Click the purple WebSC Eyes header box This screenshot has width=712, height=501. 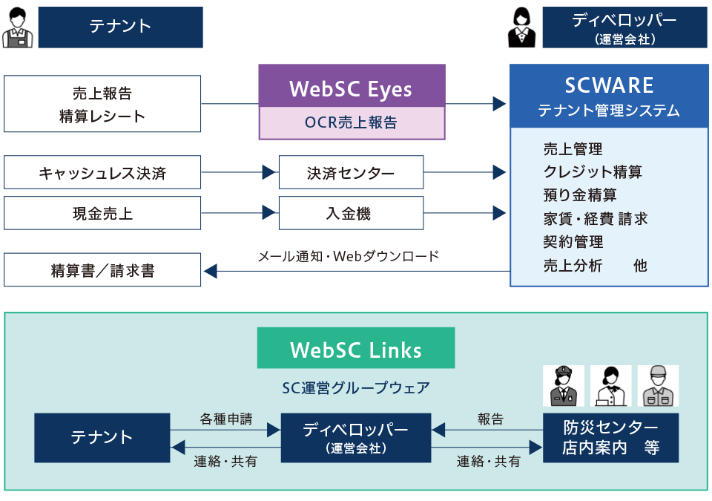click(352, 86)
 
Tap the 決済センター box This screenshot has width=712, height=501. click(351, 173)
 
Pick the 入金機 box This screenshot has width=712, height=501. click(351, 214)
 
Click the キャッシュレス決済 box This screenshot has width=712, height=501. click(102, 173)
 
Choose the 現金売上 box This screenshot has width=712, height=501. click(102, 214)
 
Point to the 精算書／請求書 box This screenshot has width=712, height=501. click(102, 270)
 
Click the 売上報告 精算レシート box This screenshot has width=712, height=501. click(102, 104)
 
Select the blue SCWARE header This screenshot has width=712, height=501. click(608, 96)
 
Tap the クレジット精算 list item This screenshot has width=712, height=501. click(593, 172)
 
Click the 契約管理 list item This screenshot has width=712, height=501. click(573, 242)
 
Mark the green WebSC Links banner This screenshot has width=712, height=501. click(356, 350)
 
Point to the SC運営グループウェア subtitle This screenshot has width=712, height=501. click(356, 387)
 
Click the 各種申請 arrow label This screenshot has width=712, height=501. click(226, 419)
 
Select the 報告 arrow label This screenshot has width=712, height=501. click(490, 419)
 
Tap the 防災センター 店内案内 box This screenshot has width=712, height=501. click(610, 438)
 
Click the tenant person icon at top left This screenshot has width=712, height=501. click(17, 28)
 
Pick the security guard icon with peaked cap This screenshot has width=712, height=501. click(563, 385)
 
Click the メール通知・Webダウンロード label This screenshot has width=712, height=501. click(349, 257)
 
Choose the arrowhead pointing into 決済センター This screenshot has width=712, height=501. click(268, 173)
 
